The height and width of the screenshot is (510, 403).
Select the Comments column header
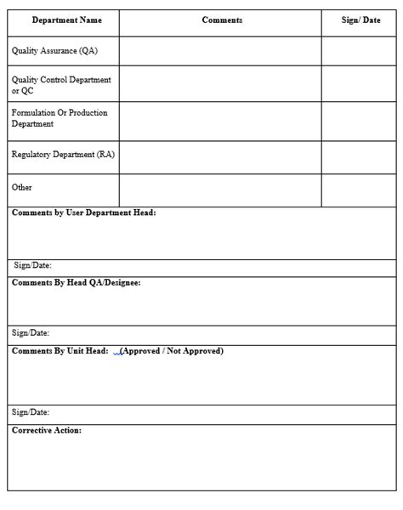(x=222, y=20)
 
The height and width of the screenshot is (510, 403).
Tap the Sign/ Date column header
(x=360, y=20)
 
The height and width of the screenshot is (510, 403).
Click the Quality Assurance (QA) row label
(x=54, y=51)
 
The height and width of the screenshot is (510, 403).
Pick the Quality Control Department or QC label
(x=61, y=85)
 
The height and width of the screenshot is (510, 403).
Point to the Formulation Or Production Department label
(x=60, y=118)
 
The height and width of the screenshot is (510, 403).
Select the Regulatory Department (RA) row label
(x=63, y=155)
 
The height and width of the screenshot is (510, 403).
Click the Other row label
(x=22, y=187)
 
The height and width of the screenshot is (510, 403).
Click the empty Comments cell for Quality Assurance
(x=220, y=51)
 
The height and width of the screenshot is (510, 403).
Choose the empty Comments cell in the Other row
(x=220, y=188)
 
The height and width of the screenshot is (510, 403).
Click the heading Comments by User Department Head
(x=83, y=213)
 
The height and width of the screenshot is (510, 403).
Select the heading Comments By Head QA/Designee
(x=76, y=282)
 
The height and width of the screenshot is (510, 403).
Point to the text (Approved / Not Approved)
(x=173, y=350)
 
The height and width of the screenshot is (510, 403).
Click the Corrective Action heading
(x=47, y=430)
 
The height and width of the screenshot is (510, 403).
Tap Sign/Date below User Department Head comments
(x=32, y=265)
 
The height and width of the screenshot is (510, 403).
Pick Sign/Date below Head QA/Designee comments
(x=31, y=333)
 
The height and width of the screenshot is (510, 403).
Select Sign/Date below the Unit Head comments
(x=31, y=412)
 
